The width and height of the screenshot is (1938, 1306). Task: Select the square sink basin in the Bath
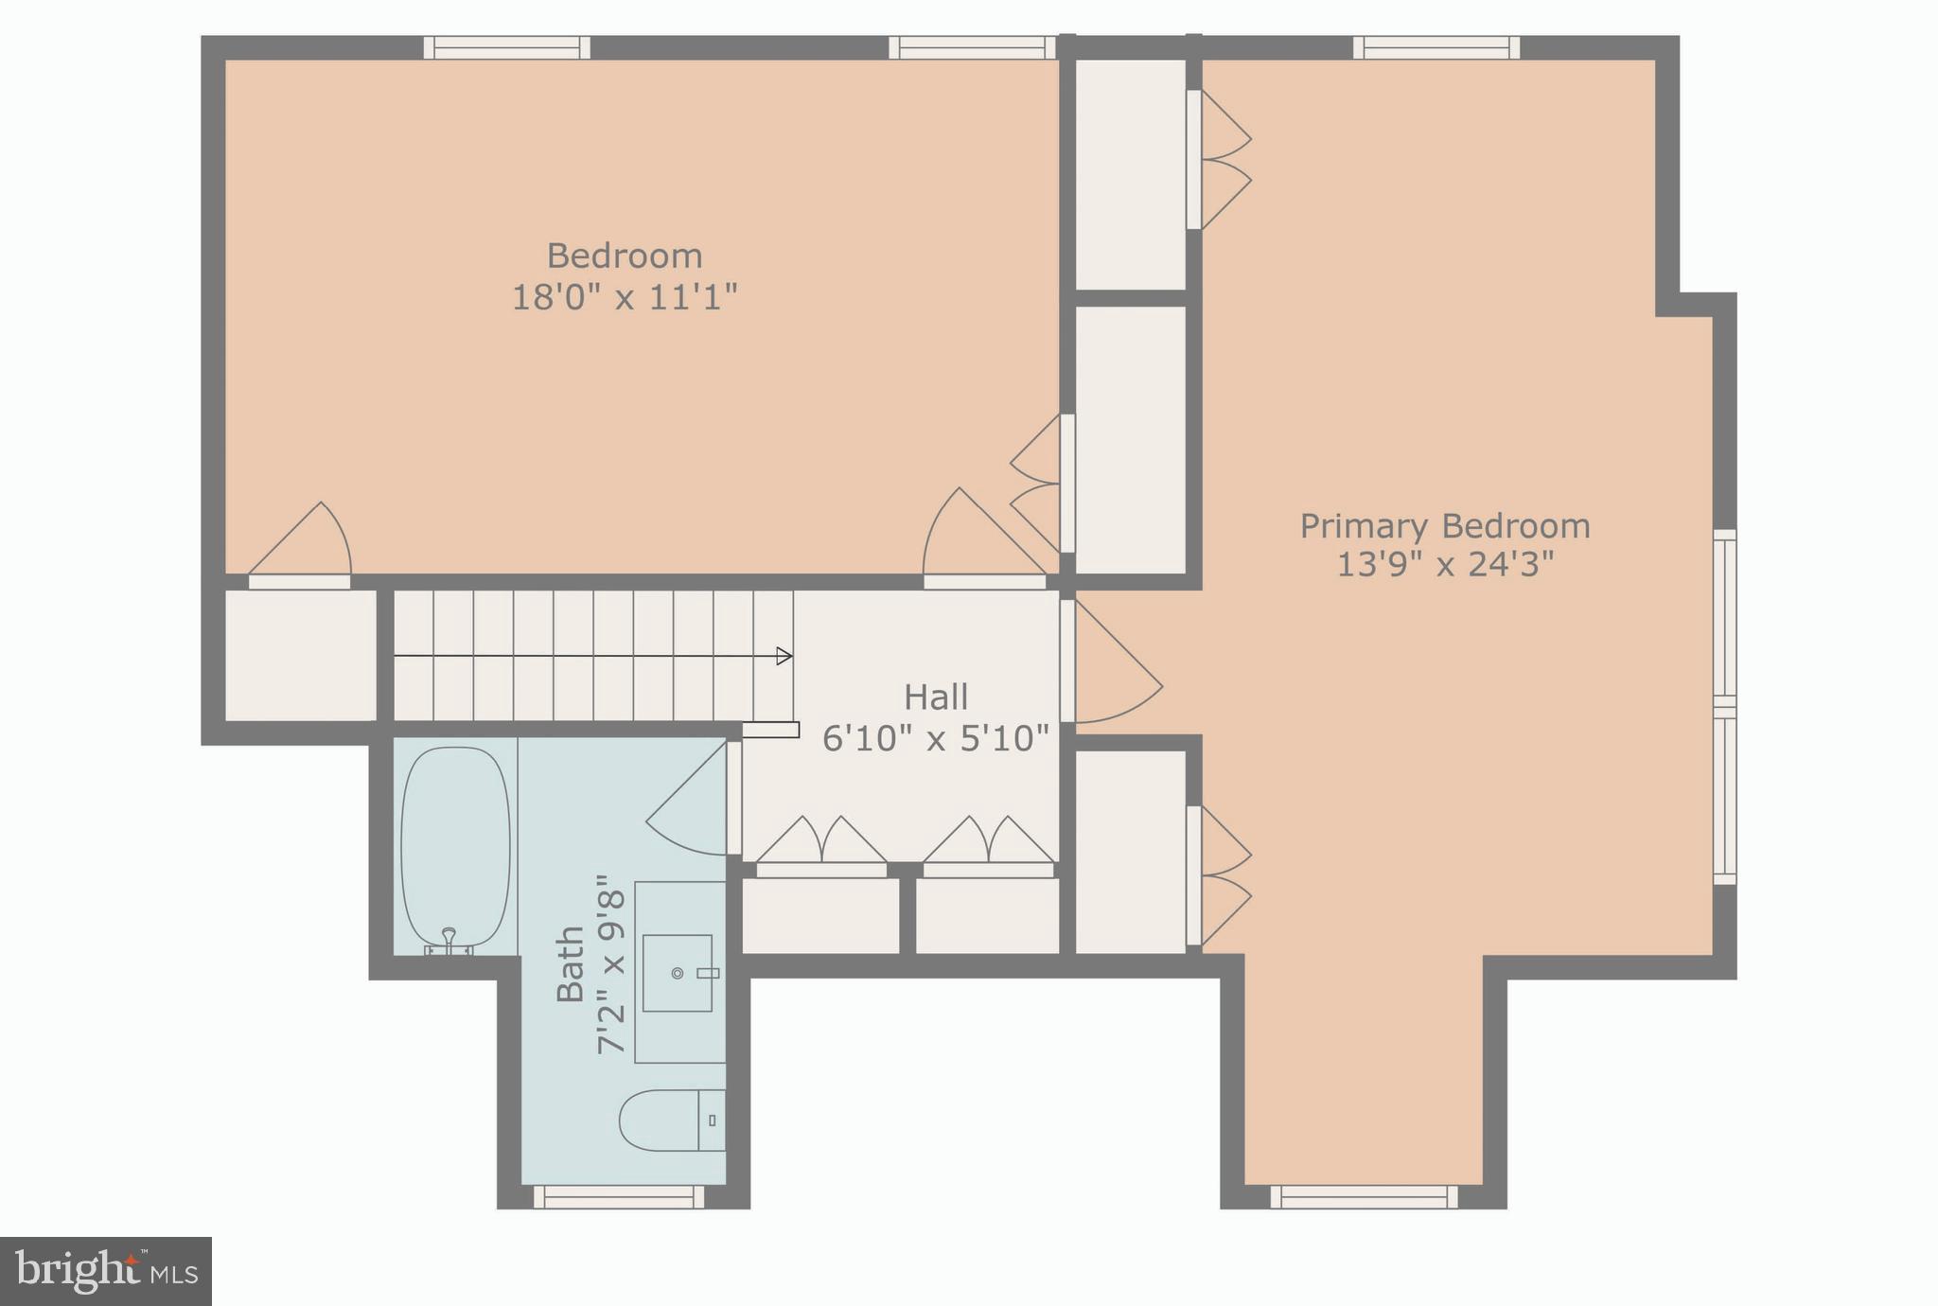coord(678,973)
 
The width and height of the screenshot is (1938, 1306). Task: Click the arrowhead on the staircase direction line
coord(784,656)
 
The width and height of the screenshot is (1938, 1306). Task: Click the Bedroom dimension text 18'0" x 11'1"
coord(624,297)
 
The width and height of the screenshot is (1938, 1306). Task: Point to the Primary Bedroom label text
coord(1444,526)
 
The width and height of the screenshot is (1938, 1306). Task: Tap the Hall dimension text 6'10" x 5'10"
coord(935,738)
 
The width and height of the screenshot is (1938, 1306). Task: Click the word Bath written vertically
coord(571,963)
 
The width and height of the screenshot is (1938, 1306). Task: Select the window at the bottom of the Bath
coord(619,1197)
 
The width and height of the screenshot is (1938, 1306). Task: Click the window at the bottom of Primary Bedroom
coord(1364,1197)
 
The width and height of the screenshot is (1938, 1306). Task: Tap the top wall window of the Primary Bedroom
coord(1436,47)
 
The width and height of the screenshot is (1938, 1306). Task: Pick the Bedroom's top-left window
coord(506,47)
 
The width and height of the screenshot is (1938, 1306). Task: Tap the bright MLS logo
coord(105,1271)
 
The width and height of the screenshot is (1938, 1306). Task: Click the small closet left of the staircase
coord(300,655)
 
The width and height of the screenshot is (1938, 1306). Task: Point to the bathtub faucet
coord(449,939)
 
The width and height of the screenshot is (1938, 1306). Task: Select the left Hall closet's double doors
coord(821,842)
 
